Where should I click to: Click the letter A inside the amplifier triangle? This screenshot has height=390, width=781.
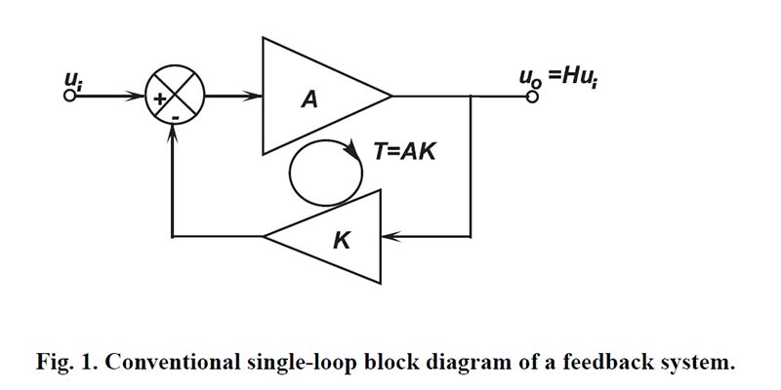coord(309,98)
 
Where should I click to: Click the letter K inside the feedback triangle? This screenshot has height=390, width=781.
coord(341,237)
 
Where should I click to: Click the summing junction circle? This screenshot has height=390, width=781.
coord(174,97)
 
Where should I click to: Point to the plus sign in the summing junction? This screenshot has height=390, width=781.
coord(158,97)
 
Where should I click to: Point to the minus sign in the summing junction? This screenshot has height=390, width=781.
coord(174,116)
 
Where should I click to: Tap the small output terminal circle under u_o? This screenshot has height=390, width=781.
coord(533,96)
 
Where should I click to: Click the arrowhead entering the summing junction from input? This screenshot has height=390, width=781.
coord(139,96)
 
